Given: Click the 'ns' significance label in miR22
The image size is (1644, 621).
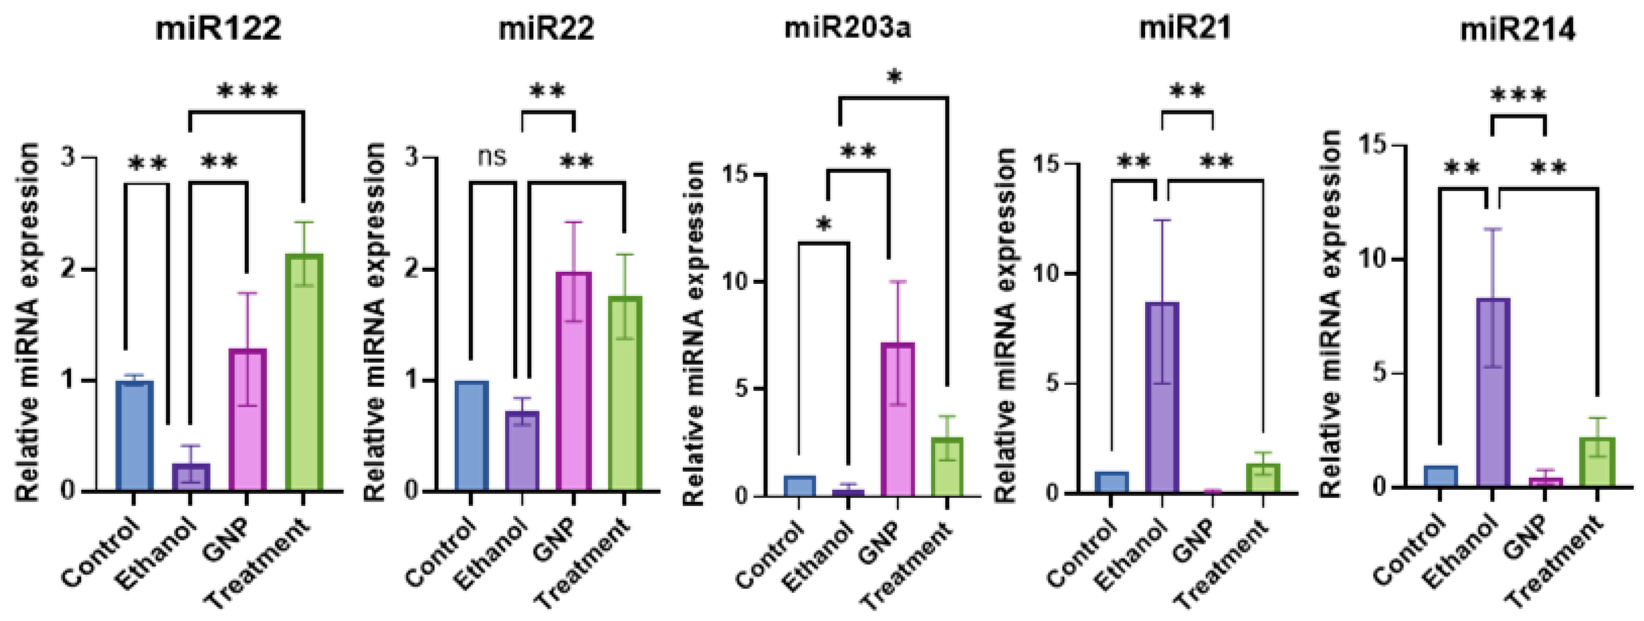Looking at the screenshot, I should tap(492, 156).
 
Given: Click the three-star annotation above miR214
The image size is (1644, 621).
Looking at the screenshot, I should tap(1518, 96).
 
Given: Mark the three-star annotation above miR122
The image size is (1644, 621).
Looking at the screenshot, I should tap(247, 91).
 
